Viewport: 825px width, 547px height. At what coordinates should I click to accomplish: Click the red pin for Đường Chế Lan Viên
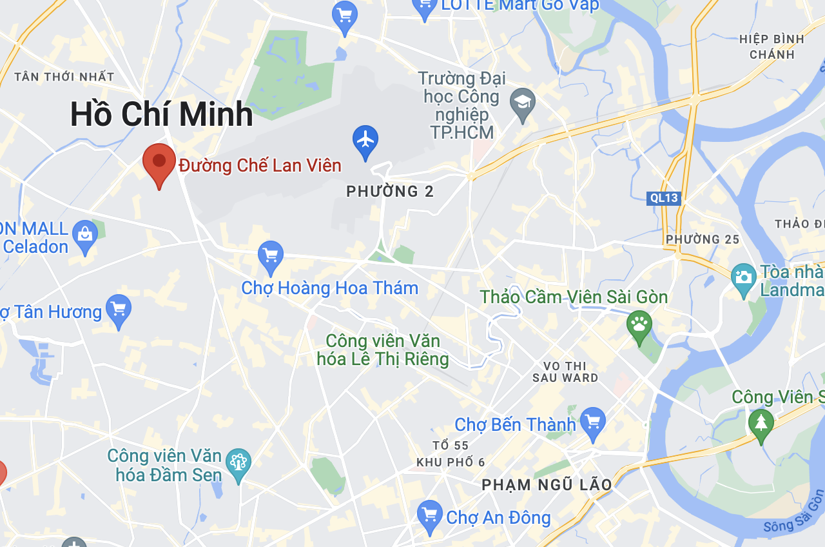(159, 161)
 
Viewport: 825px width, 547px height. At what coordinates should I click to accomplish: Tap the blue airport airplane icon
(365, 139)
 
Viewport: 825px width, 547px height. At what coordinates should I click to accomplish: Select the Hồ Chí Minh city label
(161, 115)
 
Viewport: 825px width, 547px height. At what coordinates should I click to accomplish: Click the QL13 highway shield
(663, 198)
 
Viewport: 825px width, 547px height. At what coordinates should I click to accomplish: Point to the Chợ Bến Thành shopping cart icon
(593, 422)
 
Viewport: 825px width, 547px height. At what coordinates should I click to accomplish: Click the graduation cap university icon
(523, 103)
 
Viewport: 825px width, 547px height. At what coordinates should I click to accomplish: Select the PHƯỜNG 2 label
(390, 192)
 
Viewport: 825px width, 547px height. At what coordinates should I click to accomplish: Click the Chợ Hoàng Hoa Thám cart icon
(271, 255)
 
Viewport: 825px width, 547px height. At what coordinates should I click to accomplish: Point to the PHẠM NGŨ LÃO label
(547, 484)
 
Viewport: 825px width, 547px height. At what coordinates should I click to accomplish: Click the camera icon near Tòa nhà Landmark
(744, 278)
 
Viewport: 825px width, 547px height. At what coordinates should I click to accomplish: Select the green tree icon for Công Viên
(761, 424)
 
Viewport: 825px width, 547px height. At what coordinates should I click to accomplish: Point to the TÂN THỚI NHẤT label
(64, 77)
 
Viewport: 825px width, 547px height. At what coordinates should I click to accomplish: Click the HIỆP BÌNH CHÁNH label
(772, 46)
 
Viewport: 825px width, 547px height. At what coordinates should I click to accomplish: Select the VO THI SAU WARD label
(565, 372)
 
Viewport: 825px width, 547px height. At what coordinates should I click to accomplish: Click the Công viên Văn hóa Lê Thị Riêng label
(383, 350)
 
